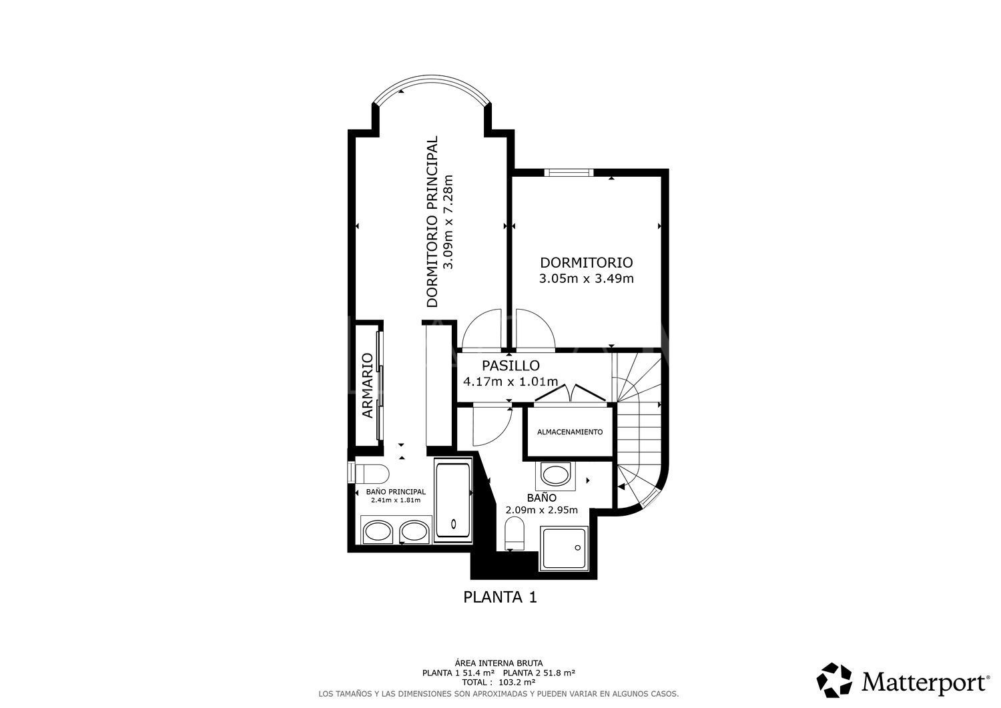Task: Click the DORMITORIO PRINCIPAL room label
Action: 432,222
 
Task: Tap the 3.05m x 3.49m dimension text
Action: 586,279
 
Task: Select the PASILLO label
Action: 511,366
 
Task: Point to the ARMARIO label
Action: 367,386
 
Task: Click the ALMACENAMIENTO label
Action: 569,432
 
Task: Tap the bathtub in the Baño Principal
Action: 453,500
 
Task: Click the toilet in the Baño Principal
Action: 368,473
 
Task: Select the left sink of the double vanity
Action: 378,532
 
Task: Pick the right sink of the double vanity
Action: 412,532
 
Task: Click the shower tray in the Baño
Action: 565,549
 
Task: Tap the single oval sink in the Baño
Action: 554,476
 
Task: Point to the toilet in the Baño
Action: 515,534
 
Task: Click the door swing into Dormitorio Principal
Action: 482,330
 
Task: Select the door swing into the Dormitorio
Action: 535,330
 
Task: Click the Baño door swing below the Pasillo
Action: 490,426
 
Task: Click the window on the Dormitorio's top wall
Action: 568,172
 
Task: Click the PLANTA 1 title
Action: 500,597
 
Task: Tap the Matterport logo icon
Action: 835,680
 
